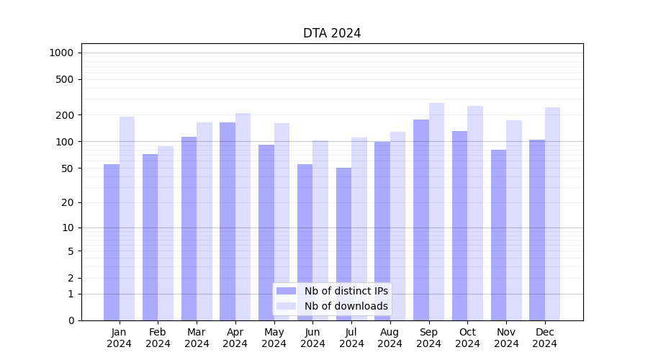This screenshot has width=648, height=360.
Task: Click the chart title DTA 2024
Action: [332, 33]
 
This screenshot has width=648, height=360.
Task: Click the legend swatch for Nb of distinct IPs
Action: [286, 291]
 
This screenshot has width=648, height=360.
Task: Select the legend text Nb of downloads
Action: [346, 306]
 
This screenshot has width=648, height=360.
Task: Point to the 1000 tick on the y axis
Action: [61, 53]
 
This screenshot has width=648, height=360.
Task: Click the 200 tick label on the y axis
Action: [65, 115]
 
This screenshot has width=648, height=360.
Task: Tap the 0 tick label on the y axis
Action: [71, 320]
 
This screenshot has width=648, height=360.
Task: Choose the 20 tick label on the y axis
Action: [68, 202]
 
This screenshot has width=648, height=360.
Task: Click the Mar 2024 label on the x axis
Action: [197, 338]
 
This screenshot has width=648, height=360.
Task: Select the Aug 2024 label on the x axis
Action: [390, 338]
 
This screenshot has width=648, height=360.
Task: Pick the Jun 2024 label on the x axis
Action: [312, 338]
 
